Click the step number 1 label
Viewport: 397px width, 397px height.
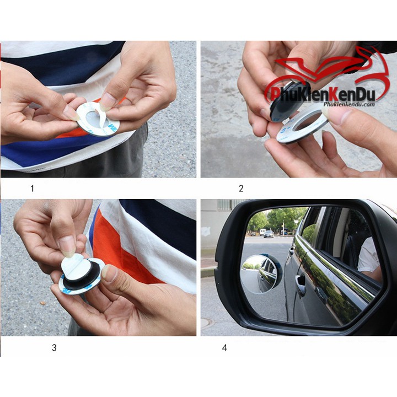click(x=32, y=189)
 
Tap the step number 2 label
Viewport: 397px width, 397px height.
click(x=241, y=189)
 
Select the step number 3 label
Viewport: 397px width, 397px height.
click(x=54, y=348)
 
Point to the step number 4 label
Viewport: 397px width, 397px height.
click(x=224, y=348)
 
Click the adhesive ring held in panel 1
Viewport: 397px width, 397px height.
click(x=98, y=118)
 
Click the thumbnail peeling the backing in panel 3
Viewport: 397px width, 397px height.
click(x=67, y=245)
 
